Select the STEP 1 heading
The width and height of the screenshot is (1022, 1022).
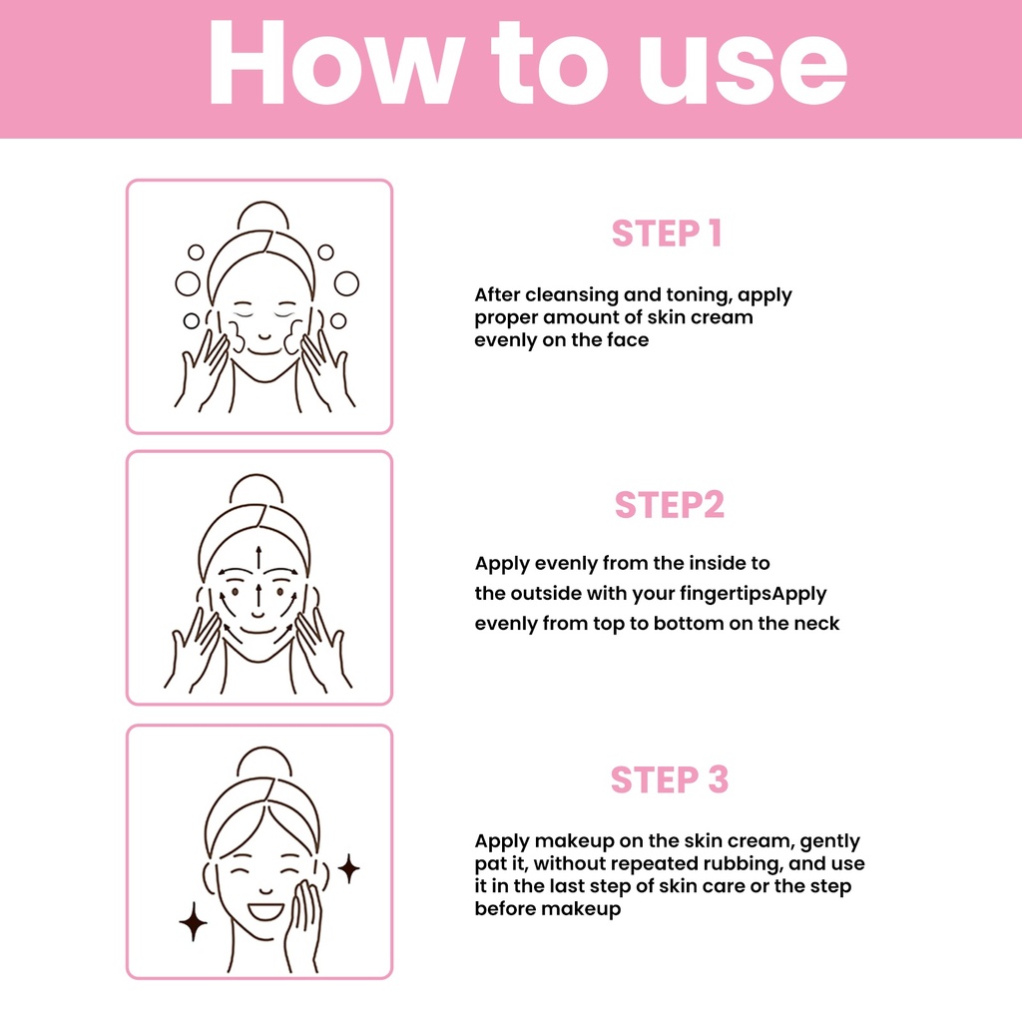[667, 234]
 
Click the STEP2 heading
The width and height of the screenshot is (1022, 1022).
[670, 504]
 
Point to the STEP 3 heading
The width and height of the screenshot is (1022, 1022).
[670, 779]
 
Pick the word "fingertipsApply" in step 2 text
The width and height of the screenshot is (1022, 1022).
[753, 594]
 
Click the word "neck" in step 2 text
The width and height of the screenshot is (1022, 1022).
[816, 624]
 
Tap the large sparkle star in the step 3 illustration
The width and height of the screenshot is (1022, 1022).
[193, 921]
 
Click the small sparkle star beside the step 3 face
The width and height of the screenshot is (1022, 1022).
[348, 868]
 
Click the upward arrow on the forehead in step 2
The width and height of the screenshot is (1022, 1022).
[258, 557]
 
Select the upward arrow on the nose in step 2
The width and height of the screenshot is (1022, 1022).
[258, 596]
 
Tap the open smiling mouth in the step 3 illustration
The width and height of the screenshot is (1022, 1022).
[265, 911]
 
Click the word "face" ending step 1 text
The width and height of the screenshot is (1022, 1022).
[628, 339]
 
